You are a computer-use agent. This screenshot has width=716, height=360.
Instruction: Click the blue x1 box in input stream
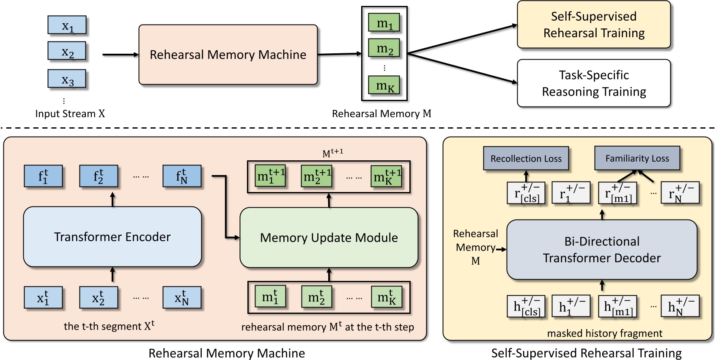click(67, 25)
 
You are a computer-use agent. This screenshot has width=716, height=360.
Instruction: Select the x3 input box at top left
click(67, 79)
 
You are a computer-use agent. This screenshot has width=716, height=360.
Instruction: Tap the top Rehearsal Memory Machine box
click(228, 55)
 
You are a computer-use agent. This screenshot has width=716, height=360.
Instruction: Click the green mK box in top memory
click(384, 86)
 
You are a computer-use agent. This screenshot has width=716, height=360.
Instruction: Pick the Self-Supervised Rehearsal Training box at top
click(594, 25)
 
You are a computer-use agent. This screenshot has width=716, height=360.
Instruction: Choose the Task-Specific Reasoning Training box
click(594, 83)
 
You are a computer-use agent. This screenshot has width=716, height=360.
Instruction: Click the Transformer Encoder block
click(112, 237)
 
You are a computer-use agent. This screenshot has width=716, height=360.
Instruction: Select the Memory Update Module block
click(329, 238)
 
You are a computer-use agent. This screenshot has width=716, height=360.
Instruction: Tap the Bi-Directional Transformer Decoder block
click(601, 250)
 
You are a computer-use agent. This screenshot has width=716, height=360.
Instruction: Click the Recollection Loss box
click(526, 159)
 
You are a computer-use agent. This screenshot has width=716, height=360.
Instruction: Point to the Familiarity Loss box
click(637, 158)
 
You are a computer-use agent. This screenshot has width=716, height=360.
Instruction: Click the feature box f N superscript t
click(182, 176)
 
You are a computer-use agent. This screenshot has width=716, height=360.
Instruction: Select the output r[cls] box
click(526, 193)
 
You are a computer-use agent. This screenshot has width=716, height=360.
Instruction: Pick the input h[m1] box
click(617, 306)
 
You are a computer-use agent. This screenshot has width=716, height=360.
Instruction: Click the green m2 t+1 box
click(316, 176)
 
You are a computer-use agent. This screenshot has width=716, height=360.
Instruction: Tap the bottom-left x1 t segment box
click(43, 298)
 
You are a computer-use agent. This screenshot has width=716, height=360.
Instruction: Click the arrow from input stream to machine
click(121, 55)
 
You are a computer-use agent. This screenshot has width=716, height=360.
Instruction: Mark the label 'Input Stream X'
click(70, 114)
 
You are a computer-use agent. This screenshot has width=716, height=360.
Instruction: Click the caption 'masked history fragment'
click(604, 333)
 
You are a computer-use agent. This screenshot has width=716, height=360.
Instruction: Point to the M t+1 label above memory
click(332, 153)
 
